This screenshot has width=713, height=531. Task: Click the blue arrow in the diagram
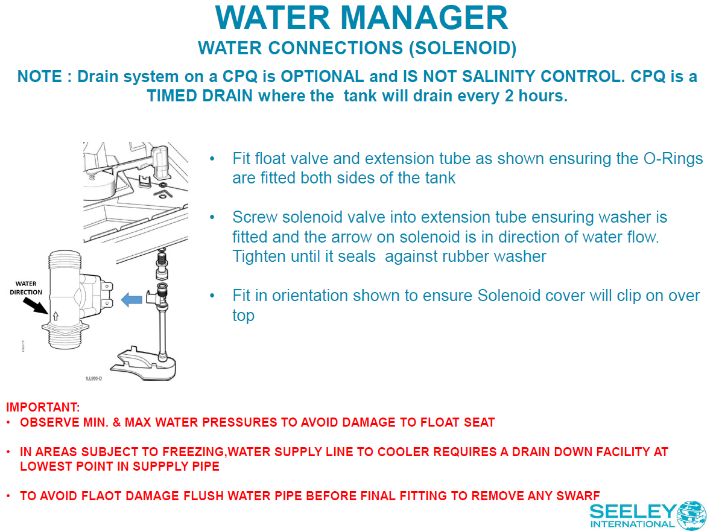click(x=132, y=299)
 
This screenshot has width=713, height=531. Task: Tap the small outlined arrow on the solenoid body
click(x=55, y=315)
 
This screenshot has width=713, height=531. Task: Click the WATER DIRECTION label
click(x=26, y=288)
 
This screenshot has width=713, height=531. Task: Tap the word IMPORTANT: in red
click(x=43, y=407)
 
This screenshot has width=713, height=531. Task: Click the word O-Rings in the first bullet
click(x=670, y=159)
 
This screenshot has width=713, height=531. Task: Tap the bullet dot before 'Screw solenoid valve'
click(x=212, y=217)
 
